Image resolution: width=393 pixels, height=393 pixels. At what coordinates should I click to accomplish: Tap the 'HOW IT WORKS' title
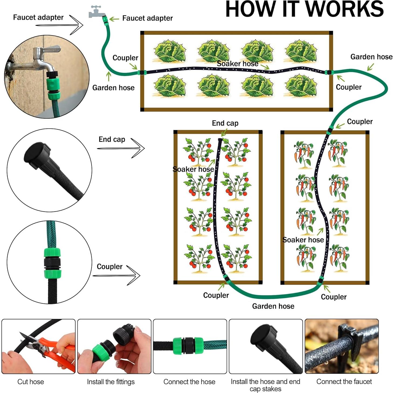click(x=305, y=9)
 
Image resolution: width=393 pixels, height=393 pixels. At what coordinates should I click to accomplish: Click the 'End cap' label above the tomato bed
click(x=225, y=123)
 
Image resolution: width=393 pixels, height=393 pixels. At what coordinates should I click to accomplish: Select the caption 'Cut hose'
click(x=30, y=382)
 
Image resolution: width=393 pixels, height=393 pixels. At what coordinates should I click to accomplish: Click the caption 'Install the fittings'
click(x=111, y=382)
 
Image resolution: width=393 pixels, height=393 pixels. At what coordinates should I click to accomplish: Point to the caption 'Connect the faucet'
click(x=344, y=381)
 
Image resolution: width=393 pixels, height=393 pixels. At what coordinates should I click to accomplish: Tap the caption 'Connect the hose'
click(x=189, y=382)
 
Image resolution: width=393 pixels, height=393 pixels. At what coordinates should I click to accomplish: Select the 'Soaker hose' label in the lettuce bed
click(x=237, y=64)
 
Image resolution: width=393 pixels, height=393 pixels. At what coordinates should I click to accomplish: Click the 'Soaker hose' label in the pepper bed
click(x=303, y=240)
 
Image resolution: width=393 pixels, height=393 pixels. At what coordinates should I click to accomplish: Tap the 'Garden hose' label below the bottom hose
click(x=273, y=306)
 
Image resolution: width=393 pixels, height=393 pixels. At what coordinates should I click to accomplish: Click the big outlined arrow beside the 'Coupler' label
click(x=117, y=275)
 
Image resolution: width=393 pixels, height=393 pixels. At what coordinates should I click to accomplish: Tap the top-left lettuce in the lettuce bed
click(x=170, y=51)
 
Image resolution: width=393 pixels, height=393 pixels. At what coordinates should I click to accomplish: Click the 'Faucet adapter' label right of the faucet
click(x=148, y=18)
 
